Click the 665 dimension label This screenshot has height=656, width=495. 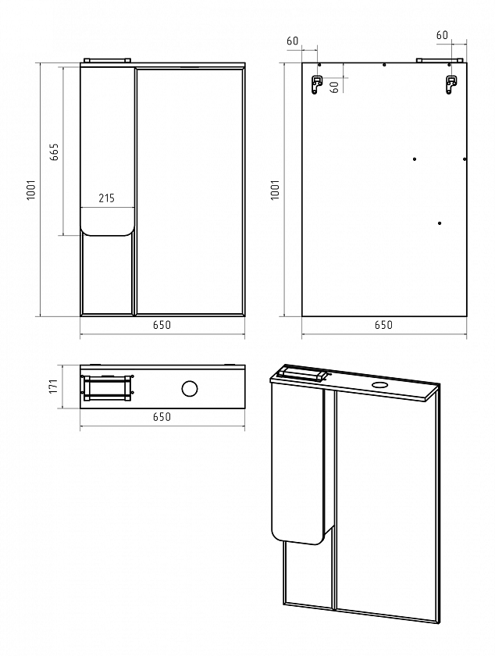[x=55, y=152]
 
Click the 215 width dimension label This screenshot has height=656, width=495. [x=107, y=198]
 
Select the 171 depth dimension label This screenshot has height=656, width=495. [x=53, y=386]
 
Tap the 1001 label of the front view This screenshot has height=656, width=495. [x=32, y=190]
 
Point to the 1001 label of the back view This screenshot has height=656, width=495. [x=275, y=190]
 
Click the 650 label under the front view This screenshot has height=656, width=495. [x=162, y=325]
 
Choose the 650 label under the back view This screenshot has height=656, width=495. [x=383, y=325]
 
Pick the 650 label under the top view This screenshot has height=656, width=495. [x=162, y=417]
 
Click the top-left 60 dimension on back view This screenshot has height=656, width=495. [x=293, y=41]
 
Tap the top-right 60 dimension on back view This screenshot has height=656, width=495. [x=442, y=35]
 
